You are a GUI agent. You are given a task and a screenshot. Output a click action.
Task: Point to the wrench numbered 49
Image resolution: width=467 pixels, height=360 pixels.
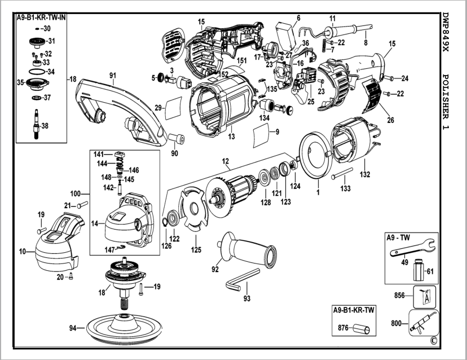pos(412,248)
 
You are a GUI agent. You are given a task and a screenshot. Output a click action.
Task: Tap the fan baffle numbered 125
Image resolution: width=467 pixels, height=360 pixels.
pos(191,209)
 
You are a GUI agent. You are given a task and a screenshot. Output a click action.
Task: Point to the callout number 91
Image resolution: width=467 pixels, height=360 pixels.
pos(113,74)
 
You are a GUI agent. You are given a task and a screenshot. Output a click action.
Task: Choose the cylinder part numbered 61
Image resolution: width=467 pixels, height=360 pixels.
pos(418,270)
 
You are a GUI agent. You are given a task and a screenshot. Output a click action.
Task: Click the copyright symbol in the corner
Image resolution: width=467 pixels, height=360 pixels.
pos(433,340)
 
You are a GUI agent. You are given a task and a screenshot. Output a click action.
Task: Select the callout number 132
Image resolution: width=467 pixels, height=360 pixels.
pos(365,175)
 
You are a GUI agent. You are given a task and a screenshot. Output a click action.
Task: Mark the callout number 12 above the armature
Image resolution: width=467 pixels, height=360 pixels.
pos(226,162)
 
